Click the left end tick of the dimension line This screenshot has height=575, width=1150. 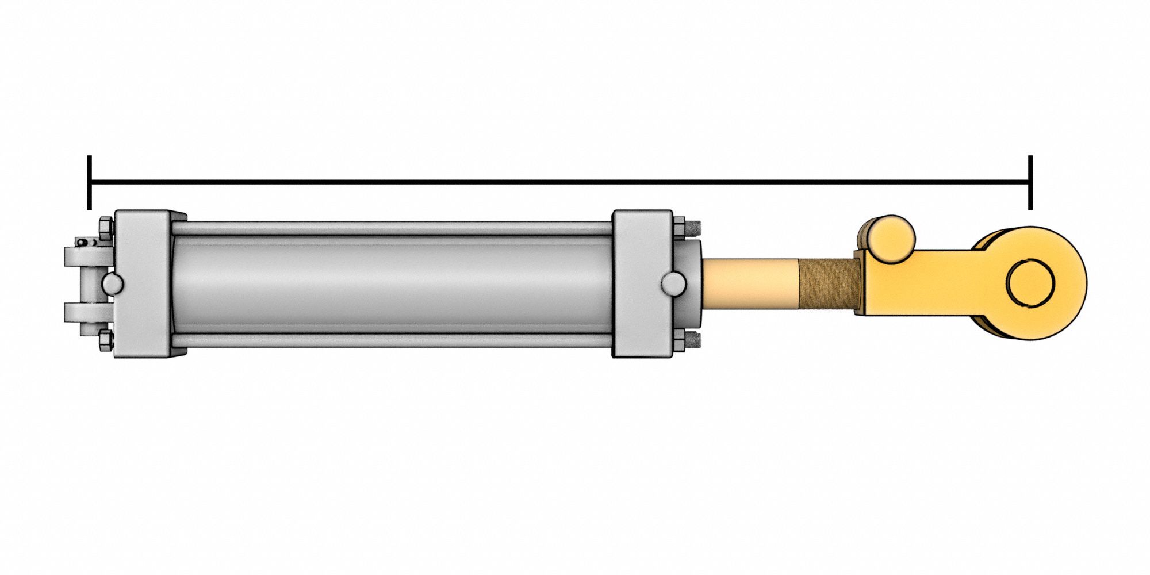pyautogui.click(x=89, y=183)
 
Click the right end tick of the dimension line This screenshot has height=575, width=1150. pyautogui.click(x=1030, y=183)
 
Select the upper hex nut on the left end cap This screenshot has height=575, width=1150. pyautogui.click(x=106, y=228)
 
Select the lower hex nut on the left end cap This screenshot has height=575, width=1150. pyautogui.click(x=106, y=340)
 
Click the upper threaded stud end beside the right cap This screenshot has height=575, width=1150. pyautogui.click(x=695, y=228)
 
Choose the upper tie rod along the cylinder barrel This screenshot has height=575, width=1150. pyautogui.click(x=391, y=228)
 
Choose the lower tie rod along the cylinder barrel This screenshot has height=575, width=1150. pyautogui.click(x=391, y=340)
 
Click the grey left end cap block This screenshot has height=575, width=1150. pyautogui.click(x=143, y=283)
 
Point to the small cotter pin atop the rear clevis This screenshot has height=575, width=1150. pyautogui.click(x=87, y=242)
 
